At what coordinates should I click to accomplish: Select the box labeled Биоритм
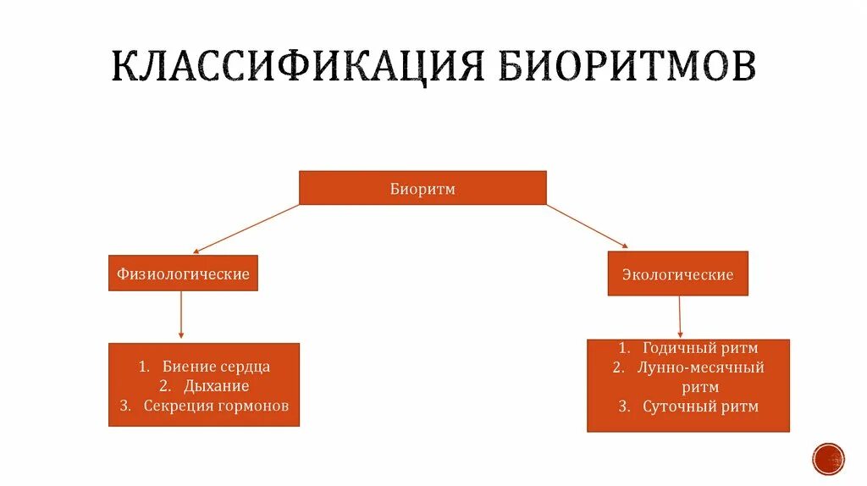(422, 188)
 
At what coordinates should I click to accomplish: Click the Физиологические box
(183, 273)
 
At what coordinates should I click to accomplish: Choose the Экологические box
(677, 274)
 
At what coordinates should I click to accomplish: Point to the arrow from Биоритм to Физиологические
(246, 229)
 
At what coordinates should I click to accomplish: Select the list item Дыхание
(216, 386)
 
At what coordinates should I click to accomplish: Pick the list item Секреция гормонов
(216, 406)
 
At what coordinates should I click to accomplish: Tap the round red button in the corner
(828, 459)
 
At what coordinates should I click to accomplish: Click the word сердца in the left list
(241, 367)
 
